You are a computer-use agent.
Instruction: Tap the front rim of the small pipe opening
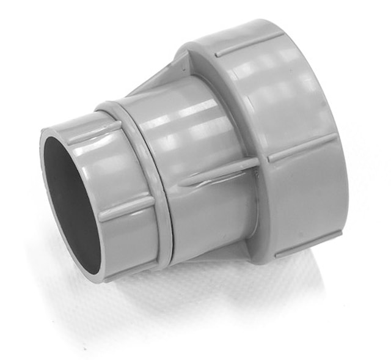(x=46, y=183)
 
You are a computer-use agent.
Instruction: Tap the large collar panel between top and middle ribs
(x=275, y=98)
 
